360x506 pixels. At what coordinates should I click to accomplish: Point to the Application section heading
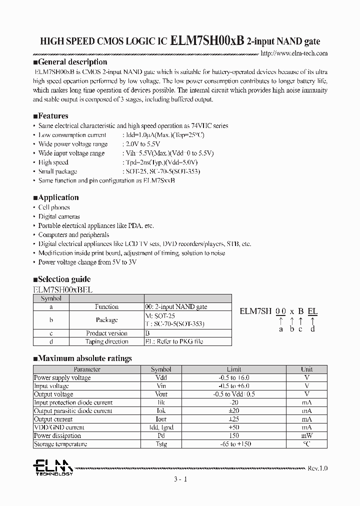coord(56,197)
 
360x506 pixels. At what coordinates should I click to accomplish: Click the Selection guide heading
coord(61,279)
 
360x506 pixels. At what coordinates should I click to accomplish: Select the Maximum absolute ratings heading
coord(82,358)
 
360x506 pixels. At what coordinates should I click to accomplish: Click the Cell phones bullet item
coord(54,207)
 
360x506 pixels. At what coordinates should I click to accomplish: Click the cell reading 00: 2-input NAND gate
coord(175,307)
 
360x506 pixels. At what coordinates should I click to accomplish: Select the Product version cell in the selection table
coord(106,333)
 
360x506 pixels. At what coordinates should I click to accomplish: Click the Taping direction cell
coord(106,342)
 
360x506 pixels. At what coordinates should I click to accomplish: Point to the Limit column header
coord(234,369)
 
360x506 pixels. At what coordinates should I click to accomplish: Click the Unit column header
coord(306,369)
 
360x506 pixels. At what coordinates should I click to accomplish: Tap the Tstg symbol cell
coord(161,444)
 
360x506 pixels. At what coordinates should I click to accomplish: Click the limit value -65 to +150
coord(234,444)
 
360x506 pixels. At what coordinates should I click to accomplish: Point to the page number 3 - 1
coord(180,479)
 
